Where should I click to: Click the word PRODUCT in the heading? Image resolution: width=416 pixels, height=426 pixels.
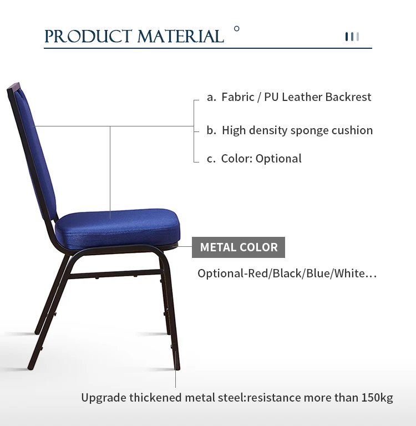tap(88, 37)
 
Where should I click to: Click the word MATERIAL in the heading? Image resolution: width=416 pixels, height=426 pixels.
tap(181, 37)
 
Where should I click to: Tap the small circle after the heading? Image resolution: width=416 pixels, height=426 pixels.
tap(237, 28)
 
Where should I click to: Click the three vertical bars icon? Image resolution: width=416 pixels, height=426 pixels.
tap(352, 37)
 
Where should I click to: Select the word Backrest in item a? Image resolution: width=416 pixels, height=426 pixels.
tap(348, 97)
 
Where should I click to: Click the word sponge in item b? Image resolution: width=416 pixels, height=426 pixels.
tap(309, 131)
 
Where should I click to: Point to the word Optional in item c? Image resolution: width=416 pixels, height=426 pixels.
tap(278, 159)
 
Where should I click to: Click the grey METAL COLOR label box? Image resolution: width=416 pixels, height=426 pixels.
tap(239, 247)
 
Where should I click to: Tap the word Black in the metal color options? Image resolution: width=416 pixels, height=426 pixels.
tap(287, 273)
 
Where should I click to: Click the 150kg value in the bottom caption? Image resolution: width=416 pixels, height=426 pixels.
tap(377, 398)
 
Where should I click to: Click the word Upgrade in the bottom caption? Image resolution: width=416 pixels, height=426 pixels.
tap(104, 398)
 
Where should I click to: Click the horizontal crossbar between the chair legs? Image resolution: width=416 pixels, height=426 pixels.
tap(115, 274)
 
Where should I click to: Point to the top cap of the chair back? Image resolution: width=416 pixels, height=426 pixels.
tap(13, 87)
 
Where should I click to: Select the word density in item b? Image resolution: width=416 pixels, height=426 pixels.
tap(268, 131)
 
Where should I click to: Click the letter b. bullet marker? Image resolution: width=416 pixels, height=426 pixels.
tap(211, 130)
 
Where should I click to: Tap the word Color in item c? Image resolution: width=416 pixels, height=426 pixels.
tap(236, 159)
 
